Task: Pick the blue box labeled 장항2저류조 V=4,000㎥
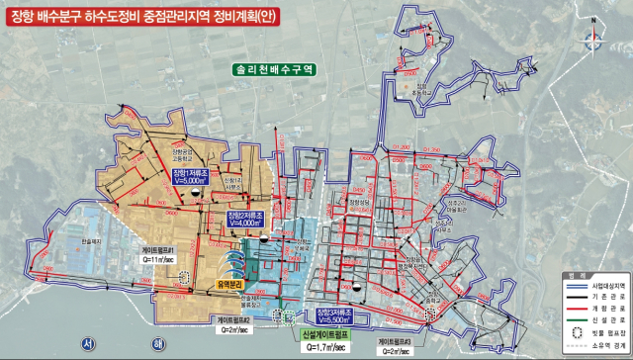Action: tap(247, 220)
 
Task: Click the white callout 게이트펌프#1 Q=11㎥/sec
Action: tap(159, 256)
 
